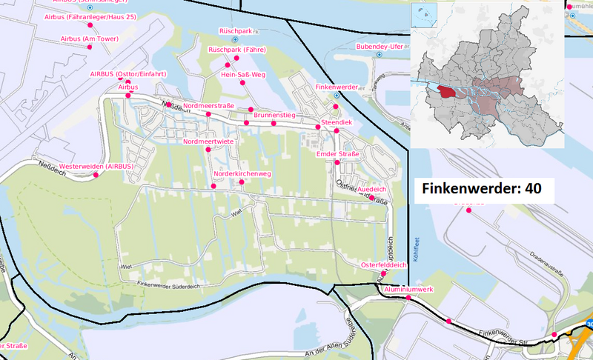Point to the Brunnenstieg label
tap(274, 116)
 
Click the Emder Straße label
tap(337, 153)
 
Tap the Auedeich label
tap(370, 190)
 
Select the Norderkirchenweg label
tap(242, 173)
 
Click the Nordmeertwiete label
tap(208, 141)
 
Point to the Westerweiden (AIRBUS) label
tap(96, 166)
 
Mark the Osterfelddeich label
tap(383, 264)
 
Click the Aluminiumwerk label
tap(408, 288)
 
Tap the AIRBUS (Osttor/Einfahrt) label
tap(127, 74)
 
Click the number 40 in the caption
tap(533, 189)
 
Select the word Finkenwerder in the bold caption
tap(470, 189)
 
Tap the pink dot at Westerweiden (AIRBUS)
tap(96, 176)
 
